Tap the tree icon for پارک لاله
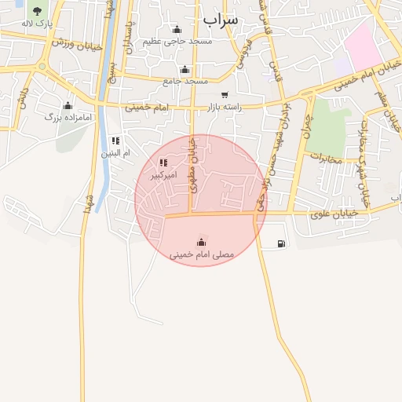37,11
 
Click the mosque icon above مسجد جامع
185,69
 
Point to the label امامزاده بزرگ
69,117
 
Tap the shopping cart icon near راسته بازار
225,95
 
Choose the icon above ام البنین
115,141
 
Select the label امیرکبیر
164,174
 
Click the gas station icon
281,243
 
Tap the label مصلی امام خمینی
202,254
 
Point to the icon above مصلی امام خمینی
202,242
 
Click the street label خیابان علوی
332,212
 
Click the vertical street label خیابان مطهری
193,161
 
